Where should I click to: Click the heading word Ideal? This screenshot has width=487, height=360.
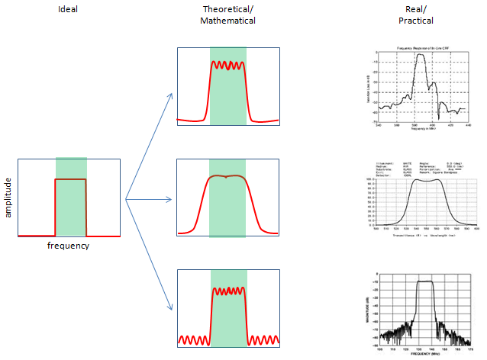tap(69, 9)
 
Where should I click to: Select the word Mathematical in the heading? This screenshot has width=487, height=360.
tap(227, 21)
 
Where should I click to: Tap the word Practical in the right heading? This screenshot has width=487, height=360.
tap(415, 21)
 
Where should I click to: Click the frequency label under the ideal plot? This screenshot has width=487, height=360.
tap(68, 246)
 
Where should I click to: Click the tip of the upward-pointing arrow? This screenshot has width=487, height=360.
tap(173, 92)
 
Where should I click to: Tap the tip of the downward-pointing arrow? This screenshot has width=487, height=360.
tap(173, 310)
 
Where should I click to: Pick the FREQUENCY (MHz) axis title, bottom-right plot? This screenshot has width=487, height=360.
tap(422, 355)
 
